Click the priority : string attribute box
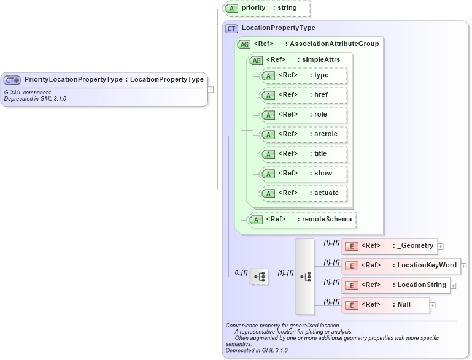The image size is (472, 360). (267, 9)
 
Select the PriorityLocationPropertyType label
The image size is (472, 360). (73, 79)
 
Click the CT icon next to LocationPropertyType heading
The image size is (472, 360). (232, 28)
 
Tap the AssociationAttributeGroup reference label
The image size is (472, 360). (334, 44)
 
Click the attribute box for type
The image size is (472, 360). (303, 75)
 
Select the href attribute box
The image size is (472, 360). (303, 95)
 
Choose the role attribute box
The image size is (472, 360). (303, 115)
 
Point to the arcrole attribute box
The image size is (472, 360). (303, 134)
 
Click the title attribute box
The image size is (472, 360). (303, 154)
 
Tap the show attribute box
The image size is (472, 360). (303, 174)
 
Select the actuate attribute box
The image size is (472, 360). (303, 193)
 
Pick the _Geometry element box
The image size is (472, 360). (389, 246)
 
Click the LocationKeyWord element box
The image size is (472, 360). (401, 266)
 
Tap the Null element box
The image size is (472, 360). (384, 305)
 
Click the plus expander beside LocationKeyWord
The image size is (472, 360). (464, 266)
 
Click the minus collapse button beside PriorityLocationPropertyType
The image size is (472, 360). (211, 89)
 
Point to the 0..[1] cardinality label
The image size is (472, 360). (241, 272)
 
